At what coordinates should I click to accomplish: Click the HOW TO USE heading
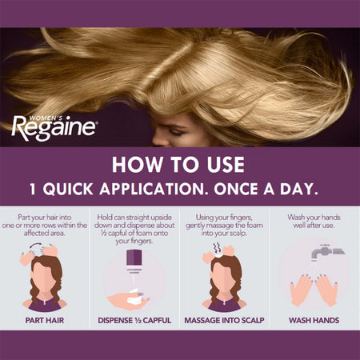(x=179, y=166)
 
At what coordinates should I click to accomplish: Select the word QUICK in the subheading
(x=102, y=192)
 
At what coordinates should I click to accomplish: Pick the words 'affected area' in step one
(x=46, y=238)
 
